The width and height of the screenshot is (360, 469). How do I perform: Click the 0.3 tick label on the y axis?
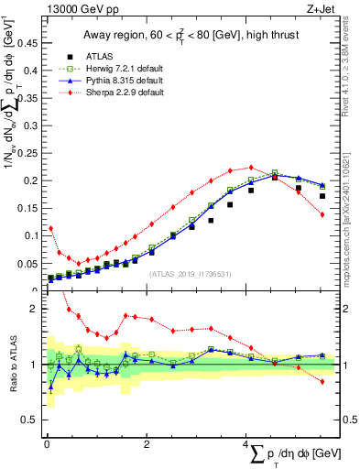[x=31, y=124]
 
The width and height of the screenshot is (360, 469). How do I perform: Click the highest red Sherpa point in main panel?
[x=252, y=168]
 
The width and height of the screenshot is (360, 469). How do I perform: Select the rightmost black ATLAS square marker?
[x=322, y=196]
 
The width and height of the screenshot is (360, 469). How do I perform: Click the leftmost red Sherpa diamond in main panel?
[x=50, y=228]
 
